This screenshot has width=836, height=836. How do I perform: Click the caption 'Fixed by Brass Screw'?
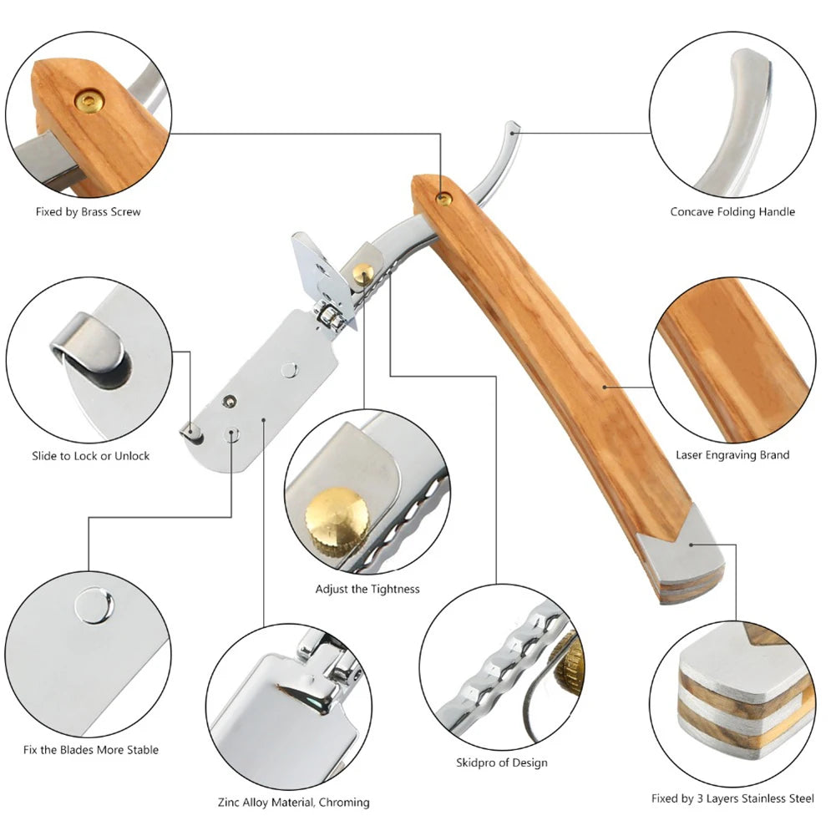[88, 211]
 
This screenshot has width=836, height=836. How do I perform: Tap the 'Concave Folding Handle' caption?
[732, 211]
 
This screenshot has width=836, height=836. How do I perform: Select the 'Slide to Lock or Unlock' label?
[91, 456]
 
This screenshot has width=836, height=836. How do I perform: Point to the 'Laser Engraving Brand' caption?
[732, 455]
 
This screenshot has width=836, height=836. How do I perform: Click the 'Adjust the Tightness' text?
[367, 589]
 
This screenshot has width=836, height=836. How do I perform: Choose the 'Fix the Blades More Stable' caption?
[91, 750]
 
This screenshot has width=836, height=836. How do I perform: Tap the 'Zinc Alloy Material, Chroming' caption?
[294, 802]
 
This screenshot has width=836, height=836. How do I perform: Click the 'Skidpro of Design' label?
[502, 763]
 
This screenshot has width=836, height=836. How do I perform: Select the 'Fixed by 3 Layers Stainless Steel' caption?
[732, 798]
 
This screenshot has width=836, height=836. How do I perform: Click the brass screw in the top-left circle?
[89, 101]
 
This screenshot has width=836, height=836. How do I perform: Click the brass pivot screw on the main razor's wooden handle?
[443, 200]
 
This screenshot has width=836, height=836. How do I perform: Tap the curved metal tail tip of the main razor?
[512, 128]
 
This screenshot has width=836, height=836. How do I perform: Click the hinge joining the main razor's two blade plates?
[328, 317]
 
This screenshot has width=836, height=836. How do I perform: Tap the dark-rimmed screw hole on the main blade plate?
[230, 401]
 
